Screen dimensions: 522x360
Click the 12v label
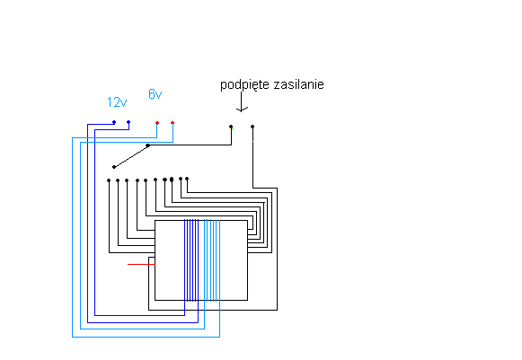(x=117, y=102)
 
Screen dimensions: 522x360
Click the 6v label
(x=155, y=94)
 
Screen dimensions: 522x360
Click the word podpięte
(x=244, y=85)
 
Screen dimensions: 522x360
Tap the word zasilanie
(x=298, y=84)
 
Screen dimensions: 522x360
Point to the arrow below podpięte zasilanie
(x=242, y=101)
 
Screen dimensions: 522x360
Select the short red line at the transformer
(x=141, y=264)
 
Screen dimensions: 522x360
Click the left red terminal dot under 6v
(x=157, y=123)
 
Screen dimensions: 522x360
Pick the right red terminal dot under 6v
(x=173, y=123)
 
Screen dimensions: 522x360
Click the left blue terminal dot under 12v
(x=114, y=122)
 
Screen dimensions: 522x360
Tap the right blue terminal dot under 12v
(x=128, y=122)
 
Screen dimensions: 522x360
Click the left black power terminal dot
(x=231, y=127)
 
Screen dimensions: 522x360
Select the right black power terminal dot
(x=252, y=127)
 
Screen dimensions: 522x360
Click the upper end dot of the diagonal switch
(x=148, y=145)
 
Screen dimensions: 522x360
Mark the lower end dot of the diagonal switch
(x=114, y=167)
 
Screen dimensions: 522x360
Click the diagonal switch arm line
(x=131, y=156)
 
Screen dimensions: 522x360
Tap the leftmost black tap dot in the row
(x=109, y=180)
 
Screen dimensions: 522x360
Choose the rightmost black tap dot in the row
(x=187, y=179)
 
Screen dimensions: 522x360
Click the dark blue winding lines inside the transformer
(x=191, y=260)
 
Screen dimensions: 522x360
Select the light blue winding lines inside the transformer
(x=212, y=260)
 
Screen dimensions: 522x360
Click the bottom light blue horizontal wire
(x=146, y=337)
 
